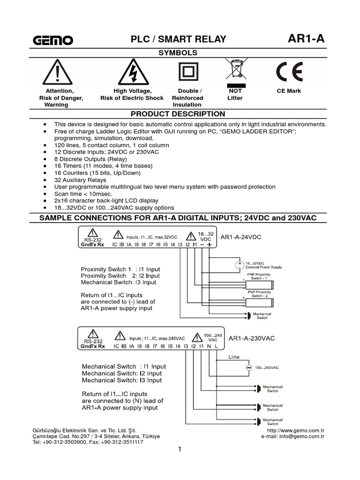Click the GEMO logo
[x=52, y=40]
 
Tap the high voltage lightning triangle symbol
[x=133, y=73]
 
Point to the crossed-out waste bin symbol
[x=235, y=70]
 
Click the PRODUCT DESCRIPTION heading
[x=178, y=114]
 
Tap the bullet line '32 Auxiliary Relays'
[x=80, y=180]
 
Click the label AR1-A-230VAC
[x=251, y=338]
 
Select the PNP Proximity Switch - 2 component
[x=260, y=302]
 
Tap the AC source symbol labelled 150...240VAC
[x=249, y=367]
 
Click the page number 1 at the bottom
[x=180, y=450]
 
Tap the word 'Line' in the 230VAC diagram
[x=234, y=357]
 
